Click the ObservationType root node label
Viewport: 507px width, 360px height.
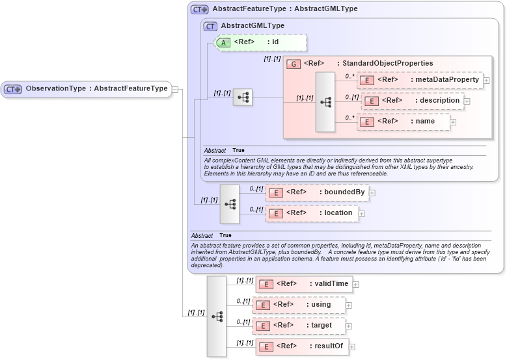pos(96,89)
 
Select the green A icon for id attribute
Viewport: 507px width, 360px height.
pos(223,42)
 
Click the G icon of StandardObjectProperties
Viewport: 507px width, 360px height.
pos(294,64)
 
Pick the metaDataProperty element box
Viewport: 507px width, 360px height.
pos(420,80)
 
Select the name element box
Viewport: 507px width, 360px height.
pos(404,122)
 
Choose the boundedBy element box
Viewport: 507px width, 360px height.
pos(317,192)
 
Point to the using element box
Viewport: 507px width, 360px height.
pos(299,305)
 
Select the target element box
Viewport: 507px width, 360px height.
pos(299,326)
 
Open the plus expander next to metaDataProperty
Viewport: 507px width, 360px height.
pos(486,81)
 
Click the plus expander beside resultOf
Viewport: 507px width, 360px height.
pos(352,347)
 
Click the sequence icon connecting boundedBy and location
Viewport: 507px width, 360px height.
pos(230,203)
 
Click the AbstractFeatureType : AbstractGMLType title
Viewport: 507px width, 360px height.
pos(284,10)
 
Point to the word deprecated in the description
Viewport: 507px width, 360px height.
pos(207,265)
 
